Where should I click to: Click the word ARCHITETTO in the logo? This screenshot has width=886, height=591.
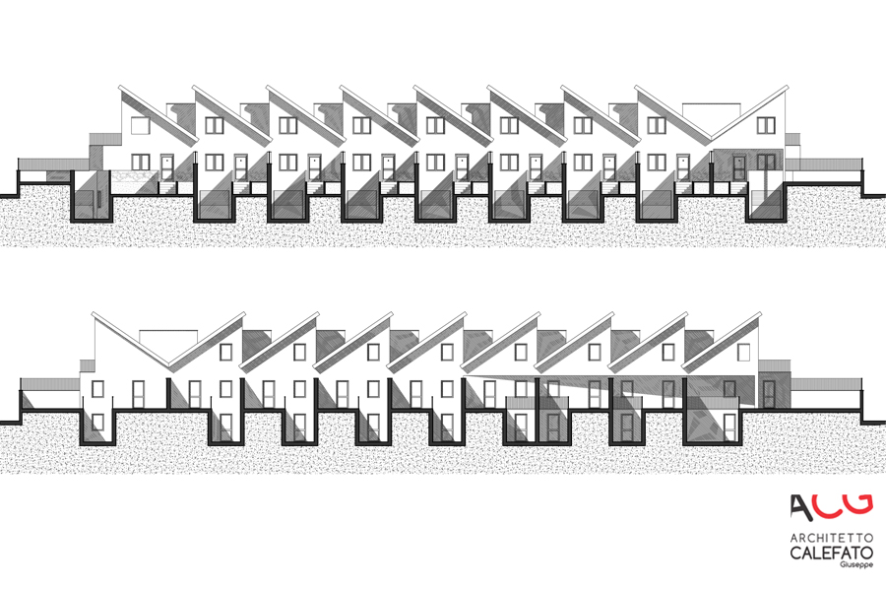[831, 537]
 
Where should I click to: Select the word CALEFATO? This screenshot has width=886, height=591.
[831, 552]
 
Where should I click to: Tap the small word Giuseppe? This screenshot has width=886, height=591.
[856, 564]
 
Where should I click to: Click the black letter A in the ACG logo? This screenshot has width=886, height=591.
[801, 506]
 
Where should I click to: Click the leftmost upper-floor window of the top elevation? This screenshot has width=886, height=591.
[140, 125]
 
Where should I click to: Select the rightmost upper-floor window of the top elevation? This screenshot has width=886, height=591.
[766, 125]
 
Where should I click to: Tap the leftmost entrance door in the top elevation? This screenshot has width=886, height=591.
[166, 167]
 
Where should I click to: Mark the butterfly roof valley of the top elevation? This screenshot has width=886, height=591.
[711, 139]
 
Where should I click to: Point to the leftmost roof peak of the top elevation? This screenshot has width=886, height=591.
[120, 87]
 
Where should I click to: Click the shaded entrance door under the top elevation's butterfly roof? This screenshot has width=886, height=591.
[739, 167]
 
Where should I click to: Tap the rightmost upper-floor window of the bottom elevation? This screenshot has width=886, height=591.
[743, 353]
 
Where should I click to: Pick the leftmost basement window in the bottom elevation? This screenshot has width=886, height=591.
[97, 423]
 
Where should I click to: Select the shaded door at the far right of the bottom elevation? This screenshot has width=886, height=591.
[769, 394]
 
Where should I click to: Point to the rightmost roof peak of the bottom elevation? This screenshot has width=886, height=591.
[759, 313]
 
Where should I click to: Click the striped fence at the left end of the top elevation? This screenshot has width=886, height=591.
[54, 164]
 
